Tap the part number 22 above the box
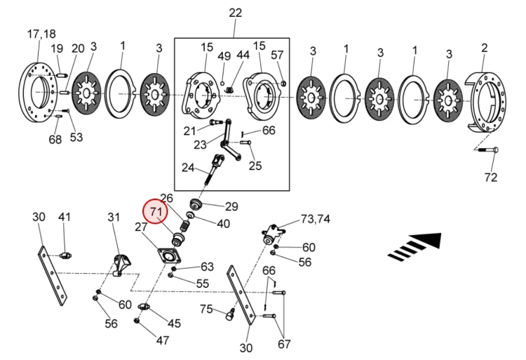click(234, 13)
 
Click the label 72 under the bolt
click(491, 178)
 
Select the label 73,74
click(315, 219)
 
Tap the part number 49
click(224, 56)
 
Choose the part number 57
click(277, 56)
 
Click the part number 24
click(187, 168)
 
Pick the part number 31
click(114, 218)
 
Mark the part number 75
click(206, 309)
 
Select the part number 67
click(283, 344)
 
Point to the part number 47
click(162, 340)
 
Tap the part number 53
click(76, 136)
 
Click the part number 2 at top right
click(484, 48)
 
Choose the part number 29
click(231, 206)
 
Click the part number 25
click(255, 166)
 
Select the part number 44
click(243, 56)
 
